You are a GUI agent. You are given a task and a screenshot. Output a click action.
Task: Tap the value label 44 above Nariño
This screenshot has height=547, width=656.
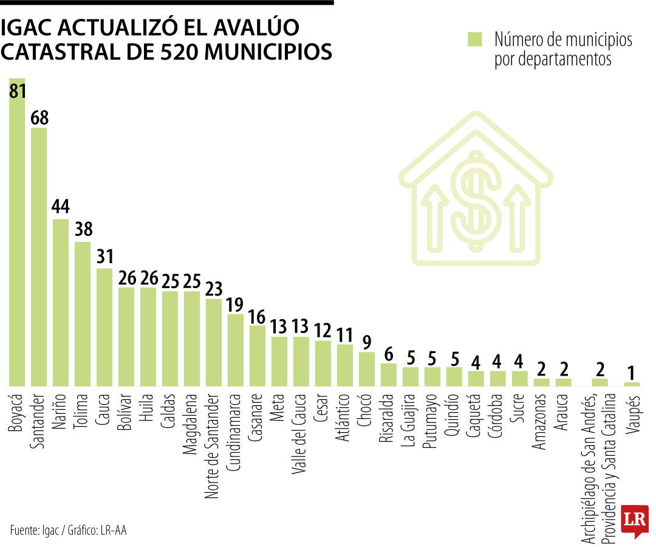[61, 207]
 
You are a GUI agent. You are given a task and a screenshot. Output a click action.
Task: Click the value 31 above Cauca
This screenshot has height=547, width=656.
[104, 256]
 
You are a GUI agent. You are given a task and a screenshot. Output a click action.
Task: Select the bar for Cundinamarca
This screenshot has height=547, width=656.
[236, 350]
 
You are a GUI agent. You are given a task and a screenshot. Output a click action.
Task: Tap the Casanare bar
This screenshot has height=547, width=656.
[258, 356]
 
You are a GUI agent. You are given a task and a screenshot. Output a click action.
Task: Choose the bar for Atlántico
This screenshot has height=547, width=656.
[345, 365]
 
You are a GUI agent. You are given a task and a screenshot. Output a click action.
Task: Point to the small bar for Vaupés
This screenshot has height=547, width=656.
[632, 384]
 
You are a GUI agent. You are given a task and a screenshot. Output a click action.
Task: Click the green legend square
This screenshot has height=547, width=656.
[474, 40]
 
